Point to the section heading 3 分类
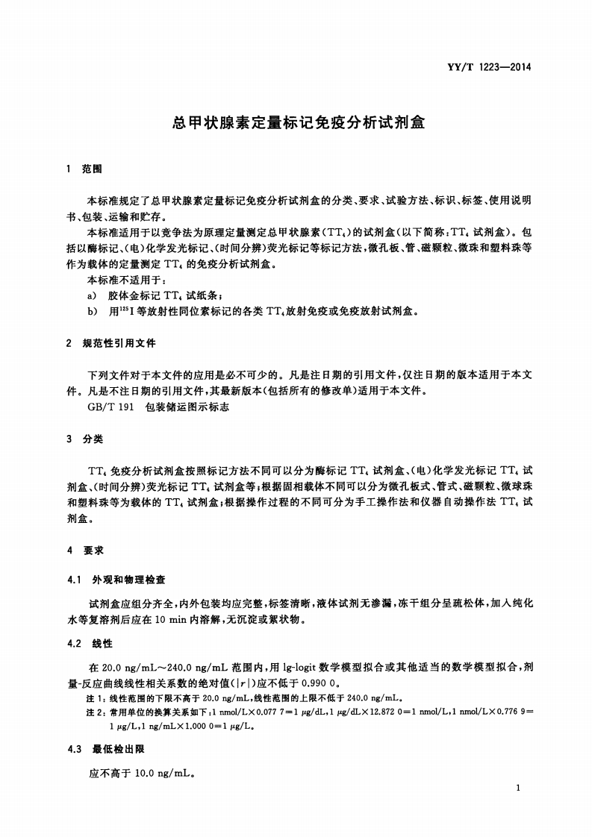(x=84, y=439)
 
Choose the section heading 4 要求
(x=84, y=551)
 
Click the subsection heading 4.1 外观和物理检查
(x=116, y=580)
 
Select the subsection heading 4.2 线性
(x=89, y=643)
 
